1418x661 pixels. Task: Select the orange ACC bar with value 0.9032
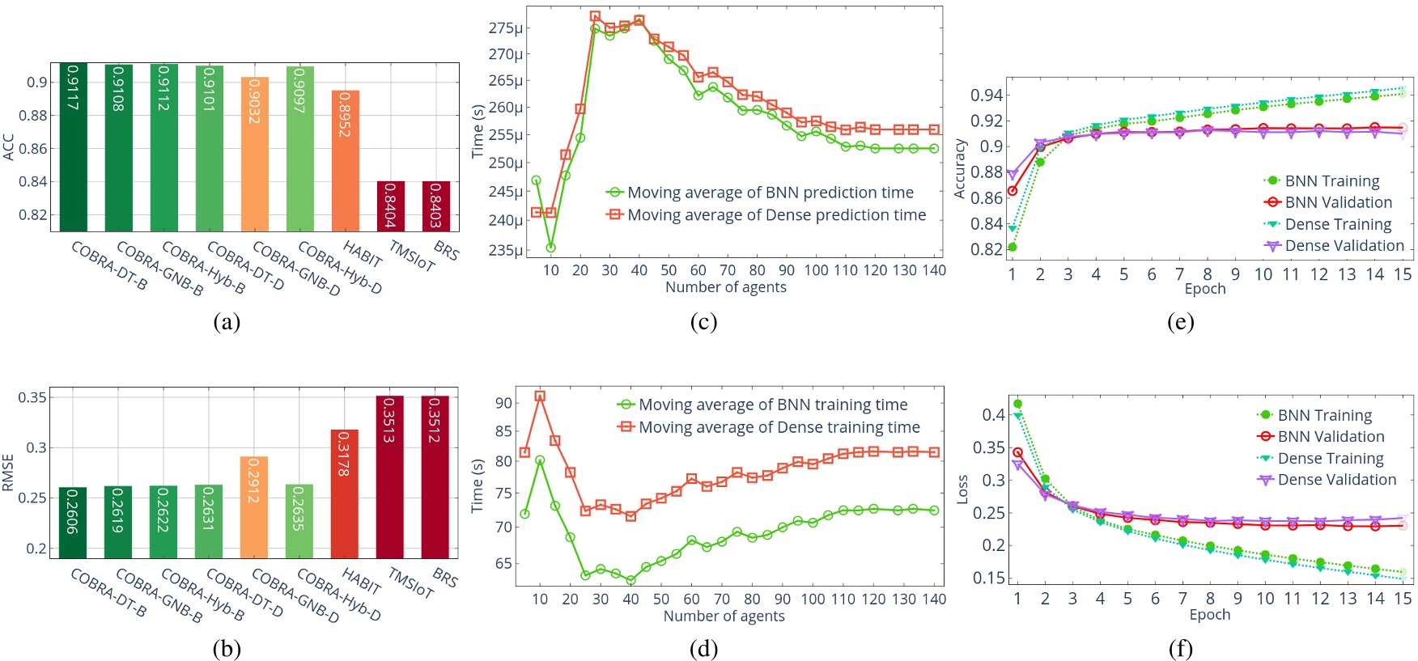[254, 155]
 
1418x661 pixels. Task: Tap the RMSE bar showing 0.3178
[345, 494]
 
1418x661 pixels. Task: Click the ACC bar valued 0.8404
[390, 206]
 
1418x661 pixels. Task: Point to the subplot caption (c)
[703, 322]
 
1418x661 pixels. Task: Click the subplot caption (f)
[1180, 649]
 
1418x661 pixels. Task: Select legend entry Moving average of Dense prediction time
[776, 215]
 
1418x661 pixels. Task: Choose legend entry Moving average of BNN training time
[773, 405]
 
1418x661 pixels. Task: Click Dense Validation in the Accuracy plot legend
[1344, 246]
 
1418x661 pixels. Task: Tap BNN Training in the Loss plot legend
[1324, 415]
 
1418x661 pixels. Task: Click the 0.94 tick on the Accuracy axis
[986, 95]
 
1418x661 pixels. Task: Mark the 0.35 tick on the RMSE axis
[32, 397]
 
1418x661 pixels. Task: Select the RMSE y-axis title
[9, 472]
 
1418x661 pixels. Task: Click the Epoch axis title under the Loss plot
[1209, 615]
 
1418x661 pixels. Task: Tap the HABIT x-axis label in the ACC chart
[362, 254]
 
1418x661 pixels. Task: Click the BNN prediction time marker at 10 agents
[550, 248]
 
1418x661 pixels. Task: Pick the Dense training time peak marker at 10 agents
[540, 396]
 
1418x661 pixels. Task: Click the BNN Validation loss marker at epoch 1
[1017, 453]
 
